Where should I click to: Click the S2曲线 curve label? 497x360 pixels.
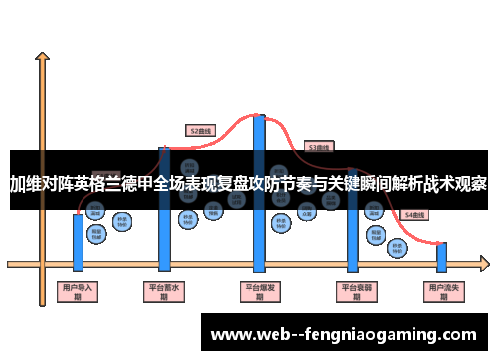point(201,129)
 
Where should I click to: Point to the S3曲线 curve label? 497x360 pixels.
point(318,146)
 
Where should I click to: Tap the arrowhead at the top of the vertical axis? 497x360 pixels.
point(43,59)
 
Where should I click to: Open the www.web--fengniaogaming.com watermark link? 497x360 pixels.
point(343,333)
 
